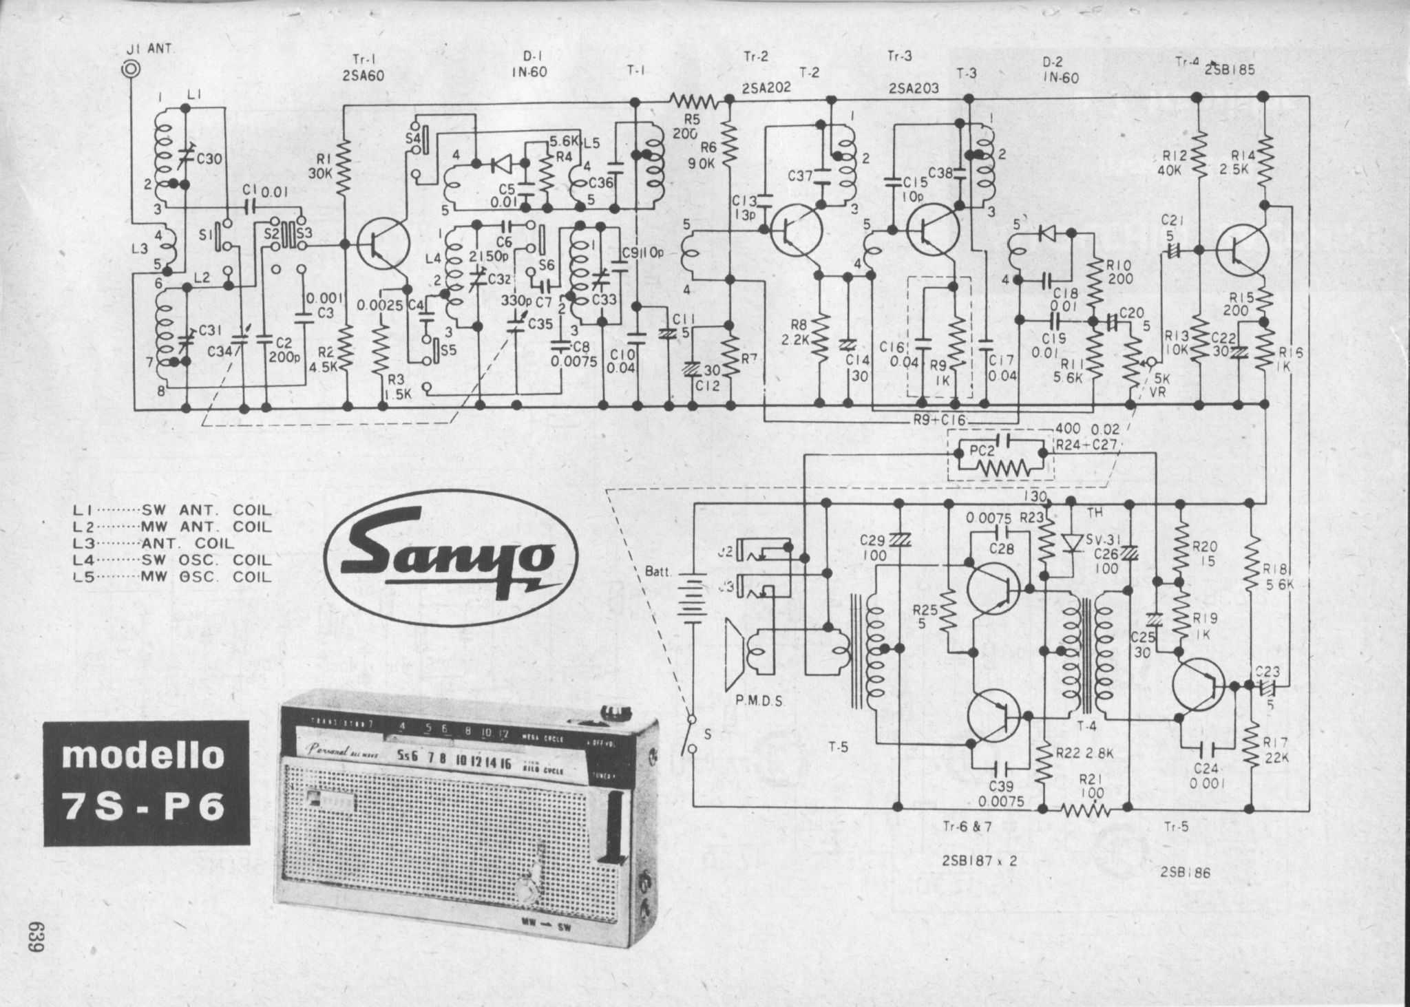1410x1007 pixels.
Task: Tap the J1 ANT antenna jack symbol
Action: pos(130,70)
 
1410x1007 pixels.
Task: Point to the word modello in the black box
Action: pos(143,756)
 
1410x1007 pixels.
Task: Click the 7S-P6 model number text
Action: pos(145,805)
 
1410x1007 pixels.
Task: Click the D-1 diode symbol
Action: pos(500,164)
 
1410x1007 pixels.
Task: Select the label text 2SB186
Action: pos(1184,872)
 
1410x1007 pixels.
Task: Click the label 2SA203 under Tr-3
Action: pos(913,88)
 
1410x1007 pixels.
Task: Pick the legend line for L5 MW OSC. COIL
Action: pos(172,577)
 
